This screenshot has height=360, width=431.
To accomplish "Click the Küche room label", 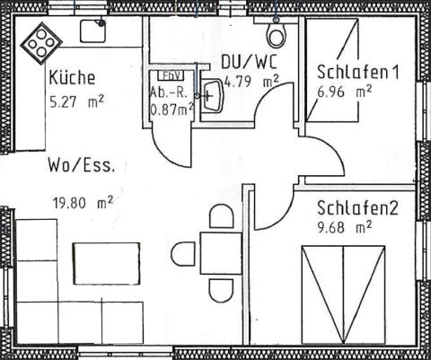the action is tap(72, 77).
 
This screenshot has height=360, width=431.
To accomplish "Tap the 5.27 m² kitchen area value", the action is tap(76, 102).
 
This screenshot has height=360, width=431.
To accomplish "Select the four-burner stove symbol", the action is tap(41, 44).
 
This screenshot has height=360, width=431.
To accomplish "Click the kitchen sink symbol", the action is tap(92, 31).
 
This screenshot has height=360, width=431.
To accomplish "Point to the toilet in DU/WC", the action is tap(277, 34).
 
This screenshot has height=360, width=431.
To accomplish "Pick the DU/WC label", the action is tap(249, 62).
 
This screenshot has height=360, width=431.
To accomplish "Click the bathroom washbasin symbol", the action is tap(212, 95).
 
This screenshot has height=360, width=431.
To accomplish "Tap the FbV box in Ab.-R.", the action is tap(171, 75).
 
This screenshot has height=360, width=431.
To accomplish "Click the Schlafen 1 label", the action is tap(358, 72).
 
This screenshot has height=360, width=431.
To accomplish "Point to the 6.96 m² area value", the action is tap(344, 92).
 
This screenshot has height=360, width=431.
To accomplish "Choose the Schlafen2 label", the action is tap(357, 208).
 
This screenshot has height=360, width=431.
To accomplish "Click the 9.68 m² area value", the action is tap(344, 227).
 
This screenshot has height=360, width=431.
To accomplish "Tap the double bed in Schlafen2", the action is tap(343, 294).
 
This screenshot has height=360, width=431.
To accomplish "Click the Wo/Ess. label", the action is tap(82, 165).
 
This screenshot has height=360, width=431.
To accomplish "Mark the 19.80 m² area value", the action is tap(83, 203).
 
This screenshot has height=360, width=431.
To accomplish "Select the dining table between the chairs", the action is tap(221, 253).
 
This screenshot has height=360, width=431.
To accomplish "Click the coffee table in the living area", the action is tap(107, 264).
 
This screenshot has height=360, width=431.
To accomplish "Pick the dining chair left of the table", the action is tap(182, 254).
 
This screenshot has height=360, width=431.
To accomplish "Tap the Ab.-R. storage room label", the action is tap(169, 93).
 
